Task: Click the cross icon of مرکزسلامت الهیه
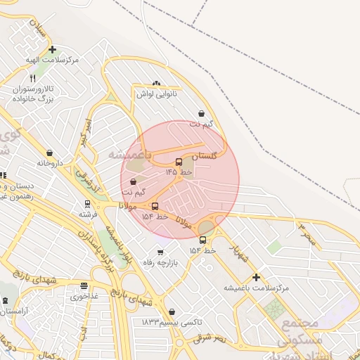53,49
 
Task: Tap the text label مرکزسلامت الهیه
51,60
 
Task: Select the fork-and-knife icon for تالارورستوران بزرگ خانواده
32,79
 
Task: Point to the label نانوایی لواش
155,94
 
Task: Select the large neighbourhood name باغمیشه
129,153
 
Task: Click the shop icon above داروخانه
49,153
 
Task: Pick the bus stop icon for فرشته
87,204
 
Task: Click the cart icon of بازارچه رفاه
160,252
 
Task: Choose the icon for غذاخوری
84,286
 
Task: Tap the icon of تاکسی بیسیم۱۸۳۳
172,311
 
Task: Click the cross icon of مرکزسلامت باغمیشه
256,277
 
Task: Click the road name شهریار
239,253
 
